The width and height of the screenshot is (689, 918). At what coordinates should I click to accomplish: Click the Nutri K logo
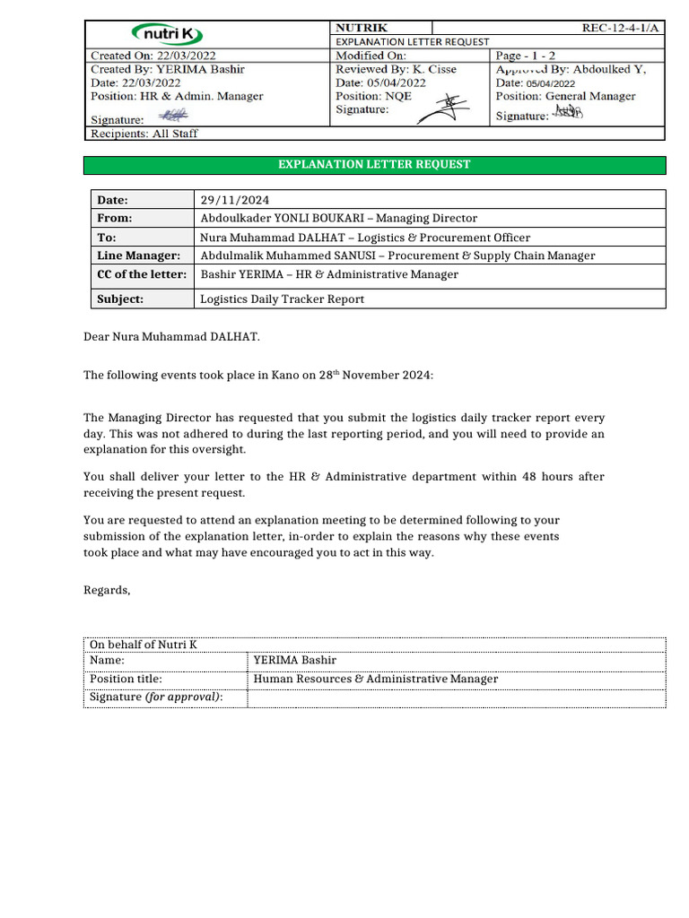(x=169, y=35)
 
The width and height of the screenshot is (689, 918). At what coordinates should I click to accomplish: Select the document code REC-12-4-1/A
(x=620, y=28)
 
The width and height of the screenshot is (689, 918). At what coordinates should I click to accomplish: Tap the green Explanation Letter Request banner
(x=374, y=165)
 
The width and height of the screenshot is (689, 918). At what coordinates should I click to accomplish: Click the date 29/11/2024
(x=235, y=200)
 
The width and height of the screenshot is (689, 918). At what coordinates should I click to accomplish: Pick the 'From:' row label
(x=115, y=218)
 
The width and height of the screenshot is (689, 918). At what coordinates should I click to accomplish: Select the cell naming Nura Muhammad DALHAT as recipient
(x=365, y=238)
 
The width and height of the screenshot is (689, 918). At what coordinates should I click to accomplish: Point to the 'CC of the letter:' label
(x=142, y=274)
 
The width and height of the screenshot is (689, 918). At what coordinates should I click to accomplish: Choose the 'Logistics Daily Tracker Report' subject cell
(x=283, y=299)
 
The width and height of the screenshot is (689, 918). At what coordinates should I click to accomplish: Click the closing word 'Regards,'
(x=107, y=590)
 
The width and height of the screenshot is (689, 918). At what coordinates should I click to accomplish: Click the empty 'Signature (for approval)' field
(x=456, y=697)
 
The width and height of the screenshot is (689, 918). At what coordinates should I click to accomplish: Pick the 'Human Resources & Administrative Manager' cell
(x=376, y=680)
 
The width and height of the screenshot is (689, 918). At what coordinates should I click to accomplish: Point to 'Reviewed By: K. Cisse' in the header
(x=396, y=69)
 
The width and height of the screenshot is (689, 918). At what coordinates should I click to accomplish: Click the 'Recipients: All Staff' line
(x=144, y=134)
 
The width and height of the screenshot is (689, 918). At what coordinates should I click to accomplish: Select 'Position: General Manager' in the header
(x=565, y=96)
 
